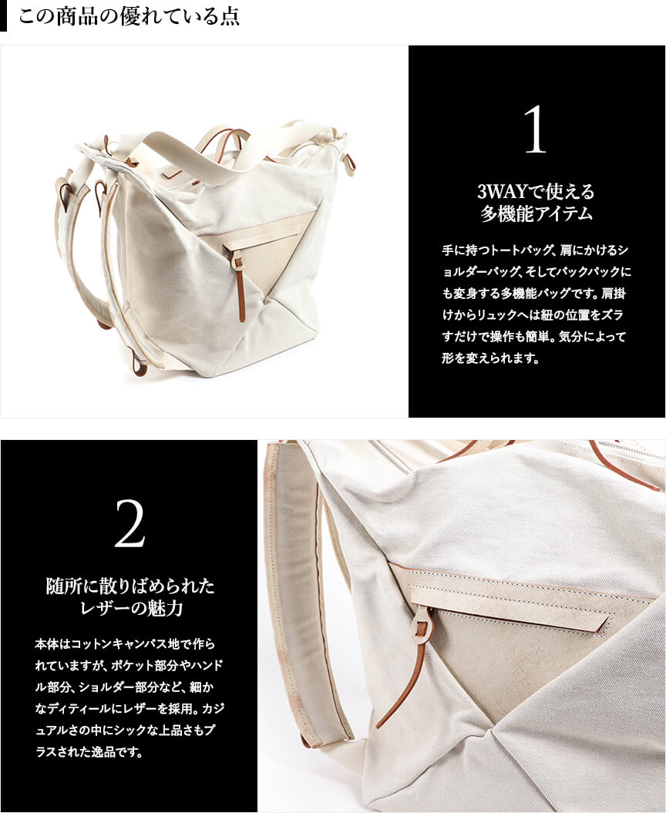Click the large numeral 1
pyautogui.click(x=535, y=129)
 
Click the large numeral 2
pyautogui.click(x=129, y=524)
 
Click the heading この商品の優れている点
pyautogui.click(x=129, y=16)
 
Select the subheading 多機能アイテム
pyautogui.click(x=536, y=213)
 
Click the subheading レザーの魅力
pyautogui.click(x=131, y=608)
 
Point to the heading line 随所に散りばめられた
pyautogui.click(x=131, y=586)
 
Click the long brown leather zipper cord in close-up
pyautogui.click(x=404, y=680)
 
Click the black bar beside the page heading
pyautogui.click(x=3, y=16)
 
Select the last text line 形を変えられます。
pyautogui.click(x=490, y=358)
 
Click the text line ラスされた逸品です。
pyautogui.click(x=89, y=752)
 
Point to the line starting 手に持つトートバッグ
pyautogui.click(x=536, y=250)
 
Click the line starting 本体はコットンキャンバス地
pyautogui.click(x=126, y=643)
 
